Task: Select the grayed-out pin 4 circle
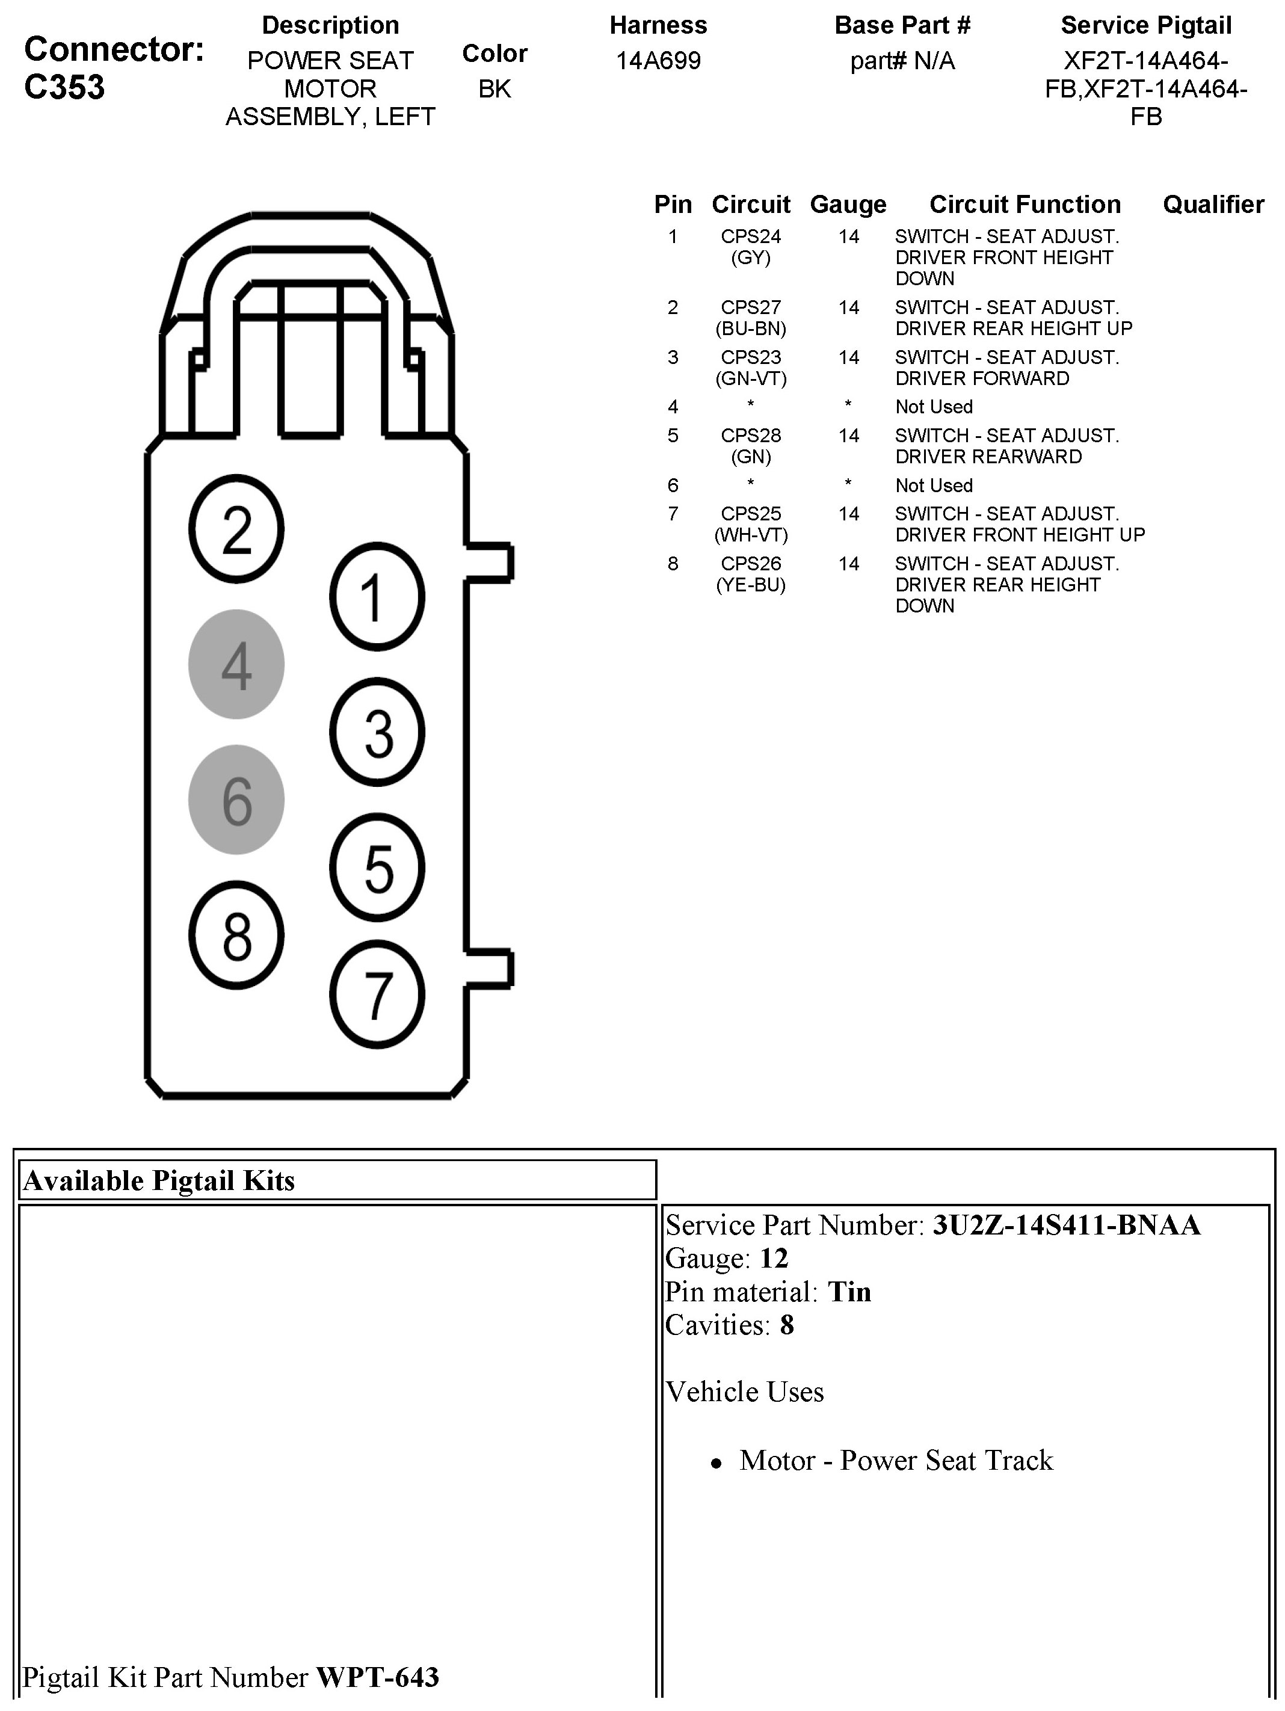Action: tap(237, 664)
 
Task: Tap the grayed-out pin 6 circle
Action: tap(237, 800)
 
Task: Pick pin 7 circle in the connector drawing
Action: tap(378, 994)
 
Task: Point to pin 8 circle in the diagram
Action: tap(237, 935)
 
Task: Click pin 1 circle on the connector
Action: tap(378, 596)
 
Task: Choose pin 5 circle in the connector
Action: tap(378, 867)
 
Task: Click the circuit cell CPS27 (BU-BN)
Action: tap(750, 318)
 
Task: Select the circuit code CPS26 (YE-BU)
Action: tap(750, 574)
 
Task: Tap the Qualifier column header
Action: tap(1212, 204)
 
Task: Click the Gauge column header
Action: tap(848, 204)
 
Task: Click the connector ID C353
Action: tap(64, 87)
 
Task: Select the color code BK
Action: tap(495, 89)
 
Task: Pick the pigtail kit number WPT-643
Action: tap(378, 1677)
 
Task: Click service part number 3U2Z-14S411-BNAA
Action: tap(1066, 1225)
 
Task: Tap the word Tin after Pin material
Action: tap(849, 1292)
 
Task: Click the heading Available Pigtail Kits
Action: tap(159, 1180)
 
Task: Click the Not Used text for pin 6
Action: tap(934, 486)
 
